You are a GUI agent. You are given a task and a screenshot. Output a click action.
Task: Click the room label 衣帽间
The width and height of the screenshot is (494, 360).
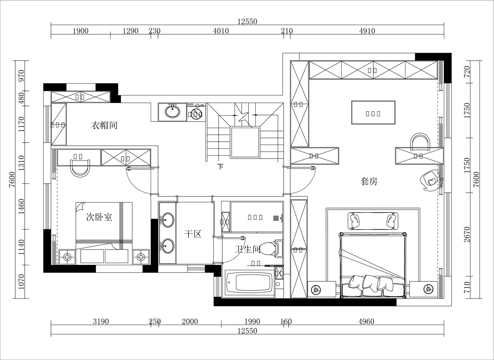click(x=104, y=125)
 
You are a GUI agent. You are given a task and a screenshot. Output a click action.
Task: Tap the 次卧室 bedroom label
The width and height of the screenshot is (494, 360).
click(x=99, y=217)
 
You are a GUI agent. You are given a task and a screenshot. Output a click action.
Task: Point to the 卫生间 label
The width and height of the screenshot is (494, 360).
click(x=247, y=249)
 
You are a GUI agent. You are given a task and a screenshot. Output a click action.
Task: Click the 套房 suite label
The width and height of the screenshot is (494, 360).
click(x=369, y=181)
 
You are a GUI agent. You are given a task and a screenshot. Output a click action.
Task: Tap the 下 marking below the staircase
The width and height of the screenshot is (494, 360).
click(x=221, y=167)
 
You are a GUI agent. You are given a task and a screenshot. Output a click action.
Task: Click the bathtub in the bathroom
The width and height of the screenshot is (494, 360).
click(x=249, y=283)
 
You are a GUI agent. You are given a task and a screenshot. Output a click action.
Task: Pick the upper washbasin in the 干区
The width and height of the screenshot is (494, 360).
click(x=167, y=220)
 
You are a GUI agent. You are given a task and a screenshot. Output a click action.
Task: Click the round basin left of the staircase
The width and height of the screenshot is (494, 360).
click(x=172, y=111)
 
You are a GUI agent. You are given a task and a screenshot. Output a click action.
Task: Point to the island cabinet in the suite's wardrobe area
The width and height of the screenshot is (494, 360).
click(x=373, y=112)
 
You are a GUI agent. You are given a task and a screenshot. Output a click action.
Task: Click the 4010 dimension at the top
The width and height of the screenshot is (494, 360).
click(x=221, y=31)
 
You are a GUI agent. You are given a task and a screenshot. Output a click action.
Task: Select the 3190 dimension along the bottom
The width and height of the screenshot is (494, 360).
click(x=100, y=322)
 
